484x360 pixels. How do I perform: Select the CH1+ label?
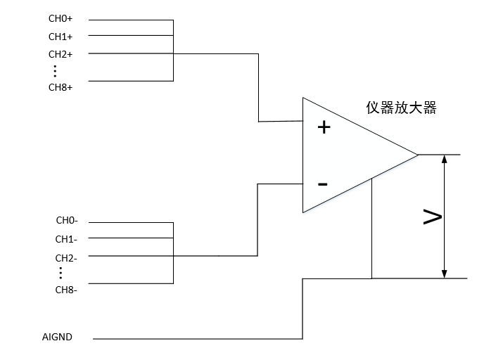60,37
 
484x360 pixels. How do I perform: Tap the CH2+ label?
60,54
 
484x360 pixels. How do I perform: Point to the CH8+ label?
60,87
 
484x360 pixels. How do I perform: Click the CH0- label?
66,221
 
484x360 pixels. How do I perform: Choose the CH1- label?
66,239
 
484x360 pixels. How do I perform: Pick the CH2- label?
66,257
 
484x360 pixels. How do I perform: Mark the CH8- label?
66,289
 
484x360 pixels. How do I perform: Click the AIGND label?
57,337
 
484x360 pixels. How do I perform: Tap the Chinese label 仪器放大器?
402,108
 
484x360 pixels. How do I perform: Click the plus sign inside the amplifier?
324,127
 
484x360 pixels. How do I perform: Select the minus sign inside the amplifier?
322,184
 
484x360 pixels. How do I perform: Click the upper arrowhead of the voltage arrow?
444,160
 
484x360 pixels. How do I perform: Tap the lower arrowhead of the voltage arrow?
444,273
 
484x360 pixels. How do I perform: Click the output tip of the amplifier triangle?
417,154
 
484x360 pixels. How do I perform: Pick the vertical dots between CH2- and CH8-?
61,273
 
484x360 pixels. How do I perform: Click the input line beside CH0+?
130,20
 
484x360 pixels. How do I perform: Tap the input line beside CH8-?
130,283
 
